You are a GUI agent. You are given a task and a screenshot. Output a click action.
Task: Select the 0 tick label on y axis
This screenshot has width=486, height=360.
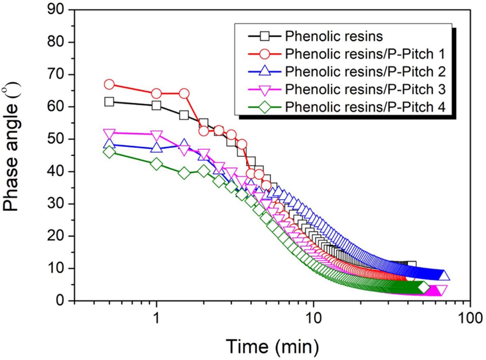[61, 301]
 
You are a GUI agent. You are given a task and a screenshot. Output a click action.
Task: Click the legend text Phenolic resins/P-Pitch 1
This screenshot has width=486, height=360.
[364, 54]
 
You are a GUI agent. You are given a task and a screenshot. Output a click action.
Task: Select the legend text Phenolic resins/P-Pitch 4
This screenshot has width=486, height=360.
[365, 106]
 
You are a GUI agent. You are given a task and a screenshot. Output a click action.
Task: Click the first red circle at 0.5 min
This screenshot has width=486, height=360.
[109, 84]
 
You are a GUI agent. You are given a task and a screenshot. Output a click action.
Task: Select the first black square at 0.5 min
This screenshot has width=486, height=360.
[109, 102]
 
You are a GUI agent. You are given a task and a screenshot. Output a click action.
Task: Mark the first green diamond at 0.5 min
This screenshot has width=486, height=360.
[109, 152]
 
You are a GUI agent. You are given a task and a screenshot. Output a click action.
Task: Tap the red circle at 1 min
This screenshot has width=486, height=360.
[156, 94]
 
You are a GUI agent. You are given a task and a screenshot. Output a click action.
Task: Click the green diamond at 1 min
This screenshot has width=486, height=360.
[156, 164]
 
